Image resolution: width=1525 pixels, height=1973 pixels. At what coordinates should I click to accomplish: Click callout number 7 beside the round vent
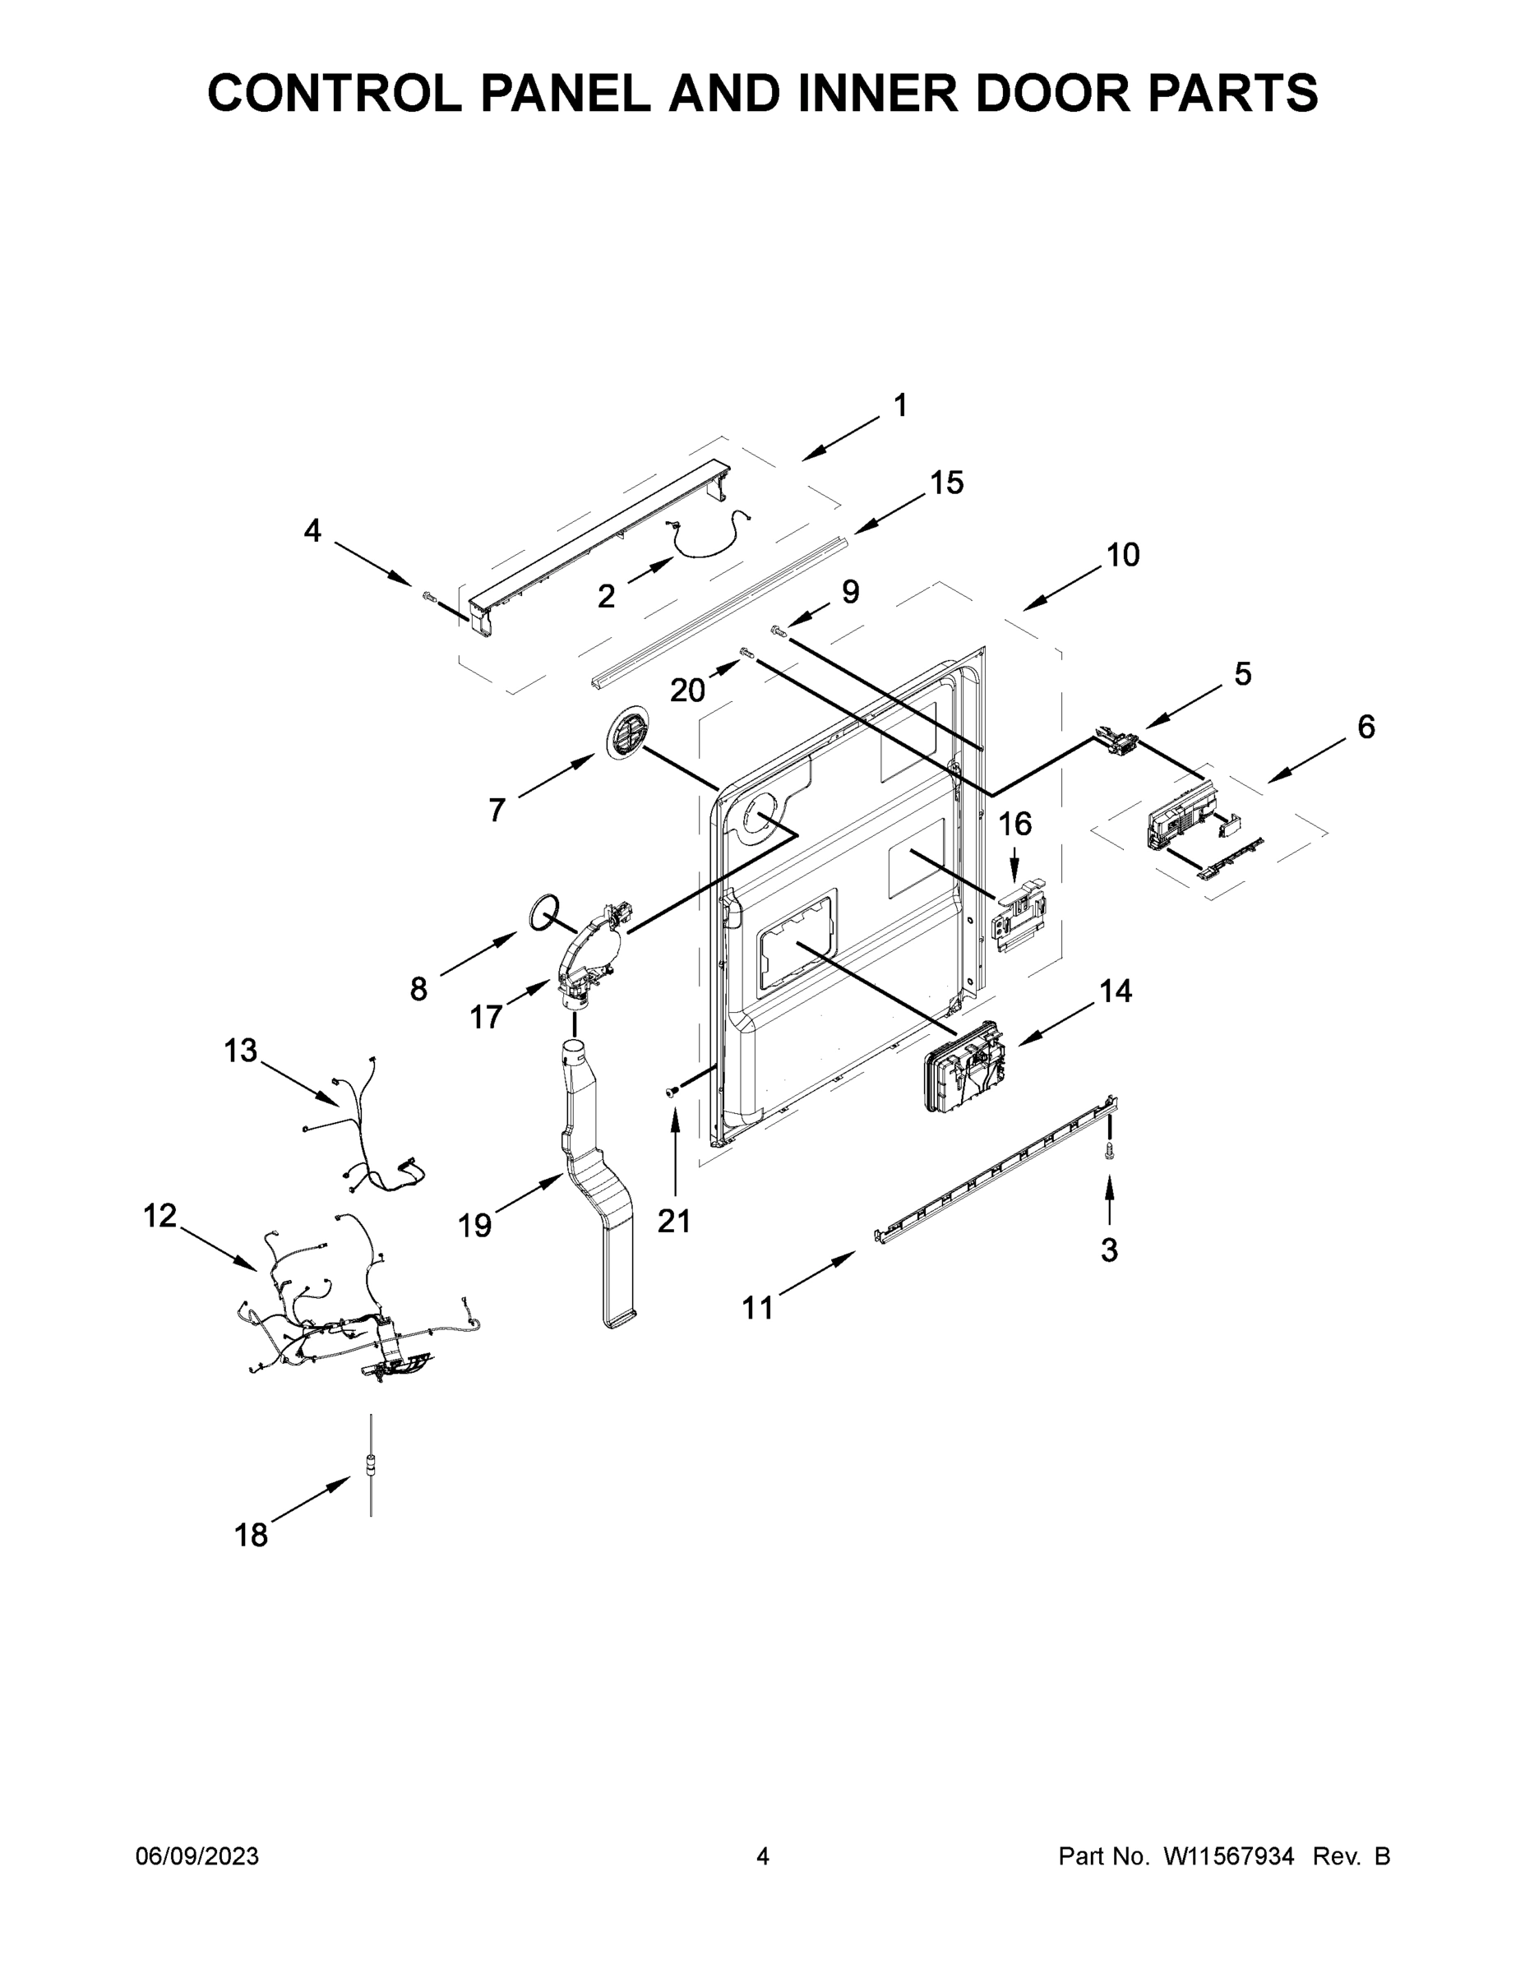[x=496, y=811]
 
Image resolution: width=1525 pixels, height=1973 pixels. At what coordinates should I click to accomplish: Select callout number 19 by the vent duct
[x=474, y=1226]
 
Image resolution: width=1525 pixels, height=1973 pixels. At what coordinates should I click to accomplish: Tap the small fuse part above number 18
[x=371, y=1467]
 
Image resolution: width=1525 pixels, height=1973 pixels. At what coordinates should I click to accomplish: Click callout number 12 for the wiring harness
[x=160, y=1216]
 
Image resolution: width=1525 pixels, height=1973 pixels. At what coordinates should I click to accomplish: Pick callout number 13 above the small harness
[x=240, y=1051]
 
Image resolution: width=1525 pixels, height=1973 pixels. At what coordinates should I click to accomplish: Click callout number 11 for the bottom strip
[x=758, y=1307]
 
